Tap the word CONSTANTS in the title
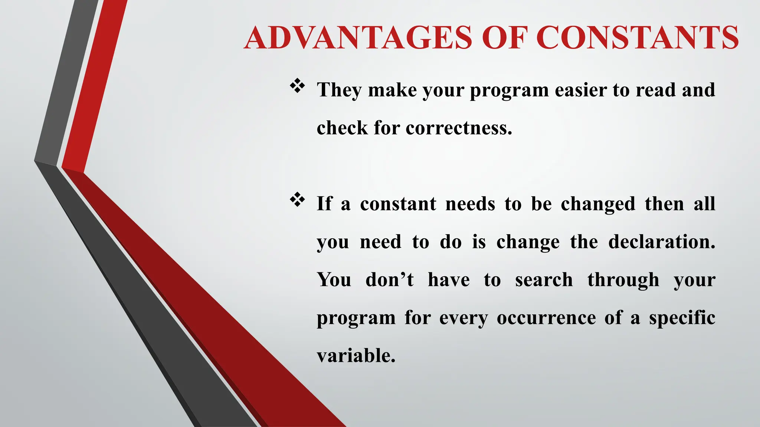pos(637,38)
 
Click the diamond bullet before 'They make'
pos(297,86)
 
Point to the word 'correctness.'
pos(459,128)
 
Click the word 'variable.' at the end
pos(356,355)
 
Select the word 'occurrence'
pos(546,318)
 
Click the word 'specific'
pos(682,318)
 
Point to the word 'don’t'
pos(389,279)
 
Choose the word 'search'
pos(544,279)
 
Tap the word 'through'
pos(623,280)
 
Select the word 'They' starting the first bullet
pos(338,90)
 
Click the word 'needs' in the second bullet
pos(470,204)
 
